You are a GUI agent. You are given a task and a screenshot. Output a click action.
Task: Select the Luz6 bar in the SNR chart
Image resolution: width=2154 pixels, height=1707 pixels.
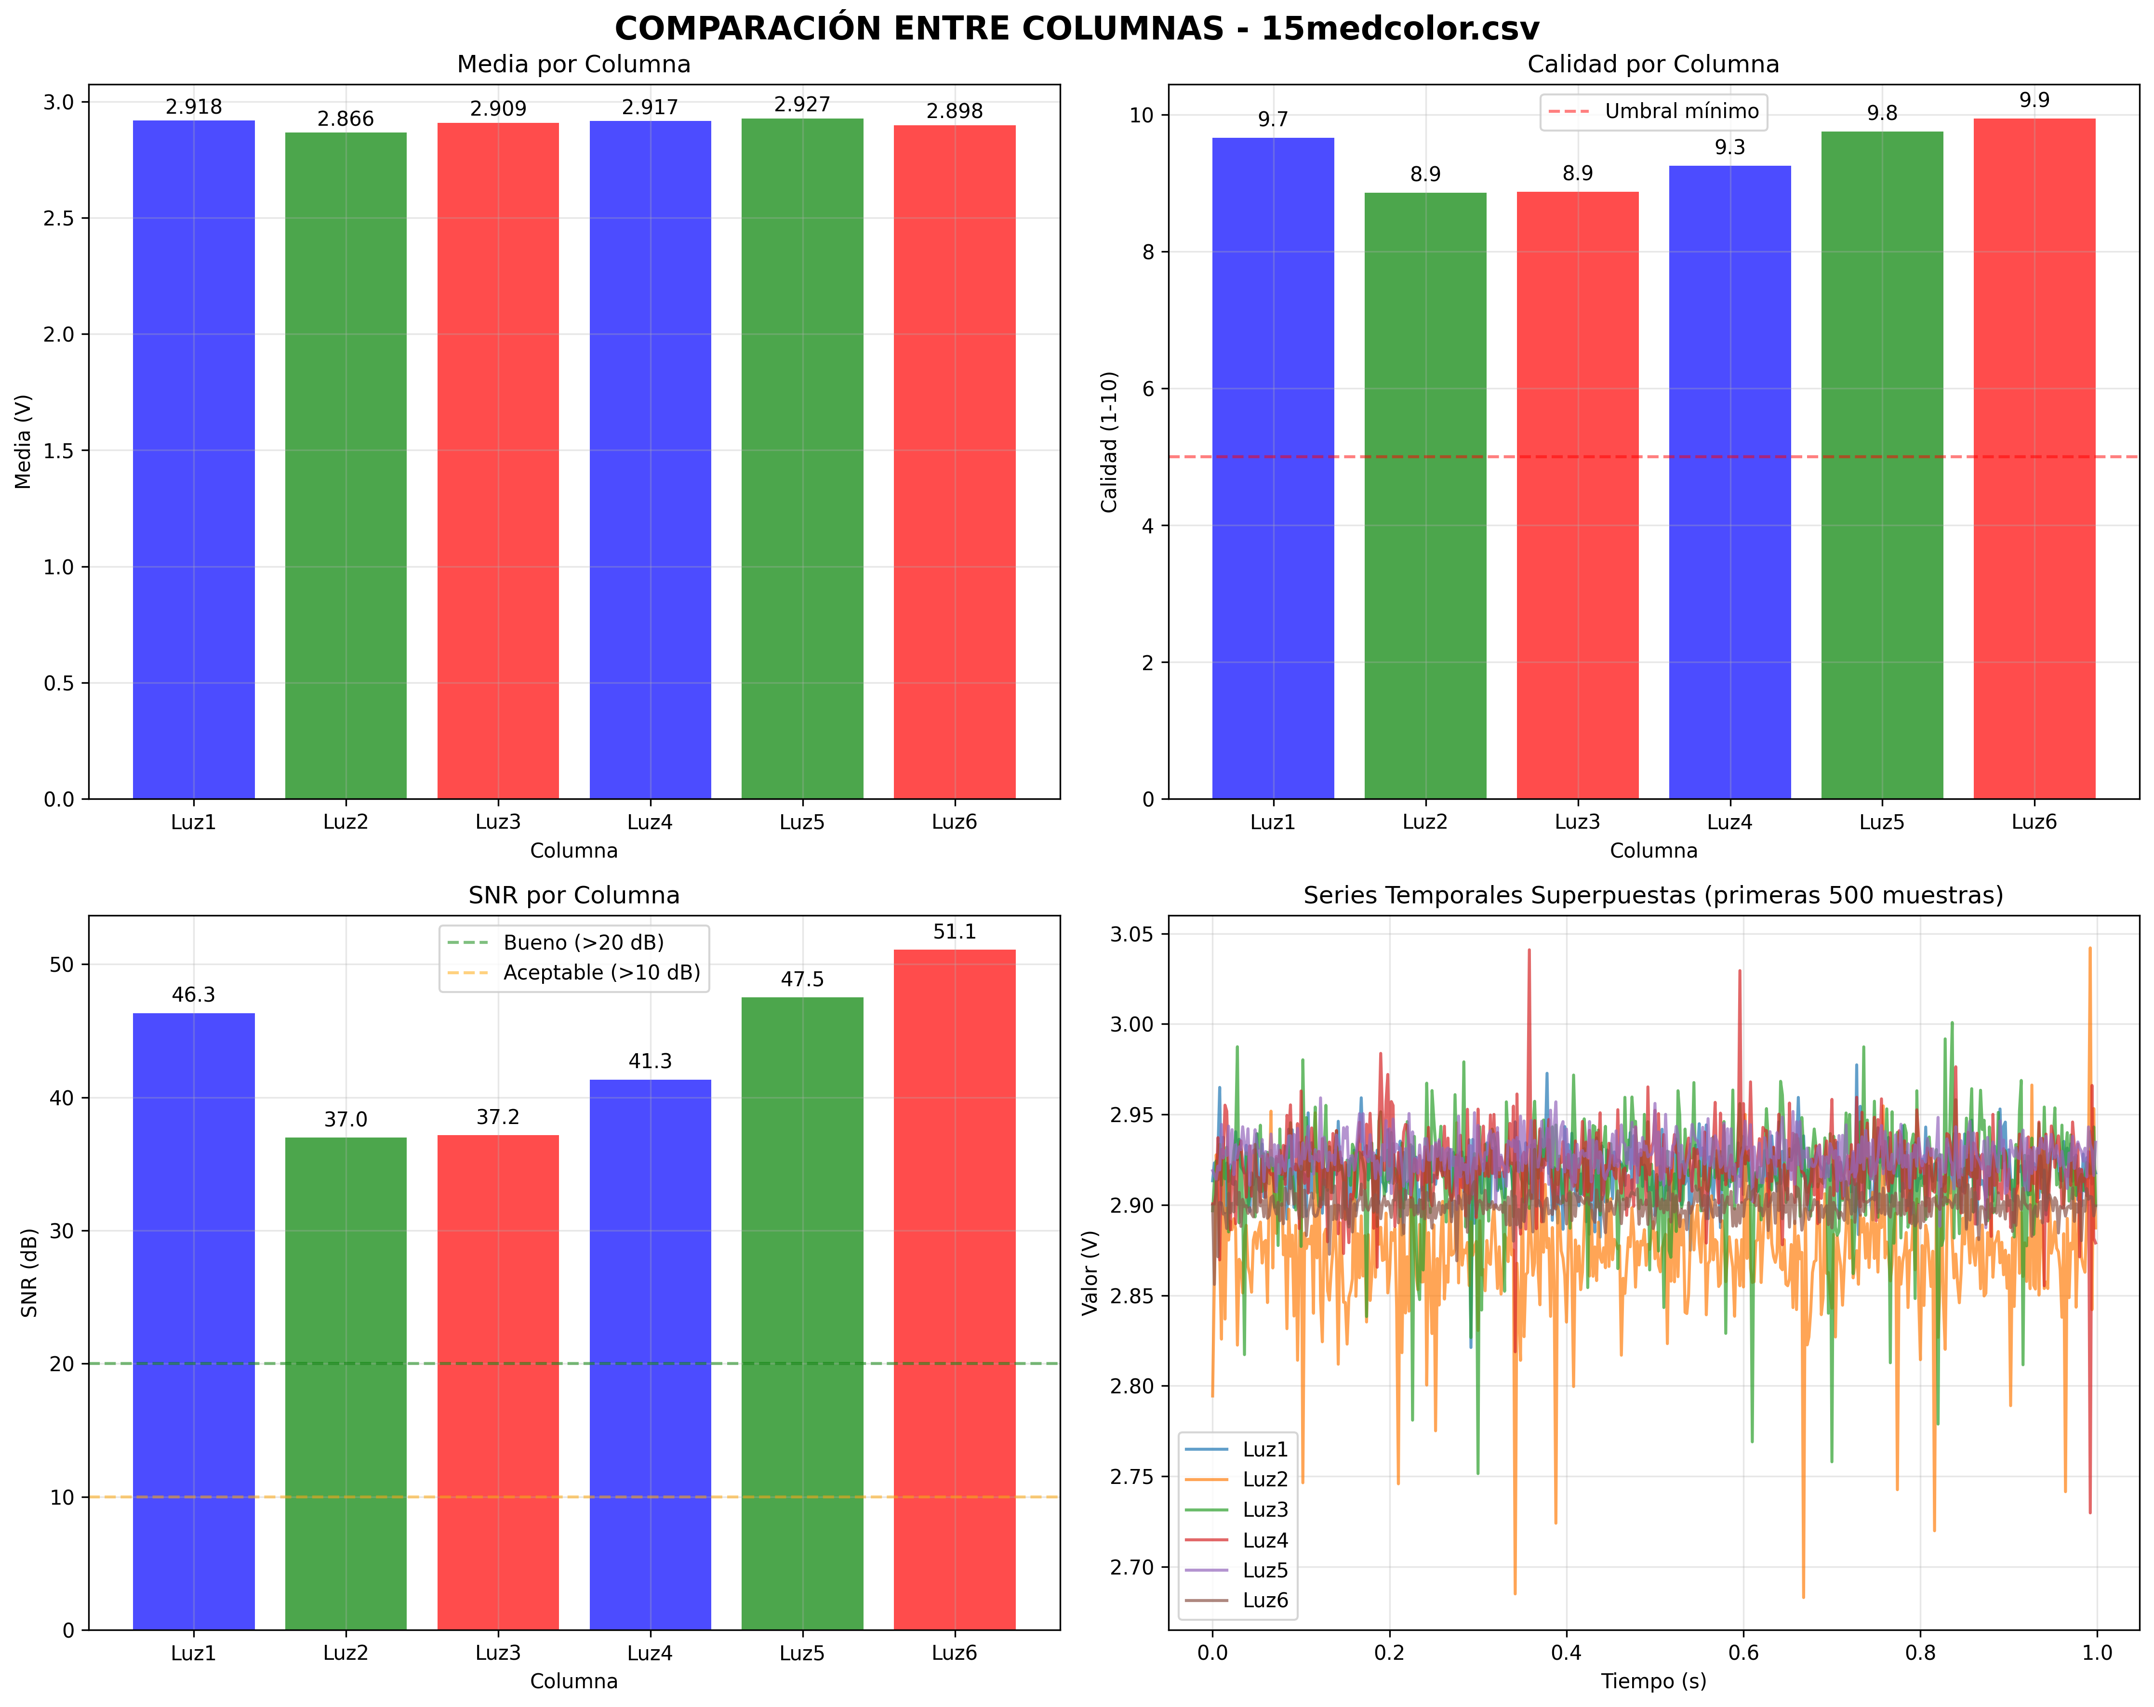[x=954, y=1288]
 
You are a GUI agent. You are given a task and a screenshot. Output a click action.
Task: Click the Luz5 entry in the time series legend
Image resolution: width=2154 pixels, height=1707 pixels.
[x=1265, y=1570]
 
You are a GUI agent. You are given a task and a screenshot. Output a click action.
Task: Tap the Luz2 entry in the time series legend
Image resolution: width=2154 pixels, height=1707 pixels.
[x=1265, y=1479]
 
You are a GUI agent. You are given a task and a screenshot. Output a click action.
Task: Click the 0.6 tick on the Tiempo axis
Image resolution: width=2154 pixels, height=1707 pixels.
[x=1743, y=1653]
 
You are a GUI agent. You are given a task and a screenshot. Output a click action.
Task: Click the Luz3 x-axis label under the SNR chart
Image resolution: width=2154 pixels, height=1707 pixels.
[x=497, y=1653]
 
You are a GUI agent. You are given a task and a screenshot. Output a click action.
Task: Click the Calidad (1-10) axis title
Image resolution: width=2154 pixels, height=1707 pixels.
[x=1109, y=441]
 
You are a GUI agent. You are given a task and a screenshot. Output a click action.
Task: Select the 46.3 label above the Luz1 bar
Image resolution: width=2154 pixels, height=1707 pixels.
[x=194, y=995]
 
